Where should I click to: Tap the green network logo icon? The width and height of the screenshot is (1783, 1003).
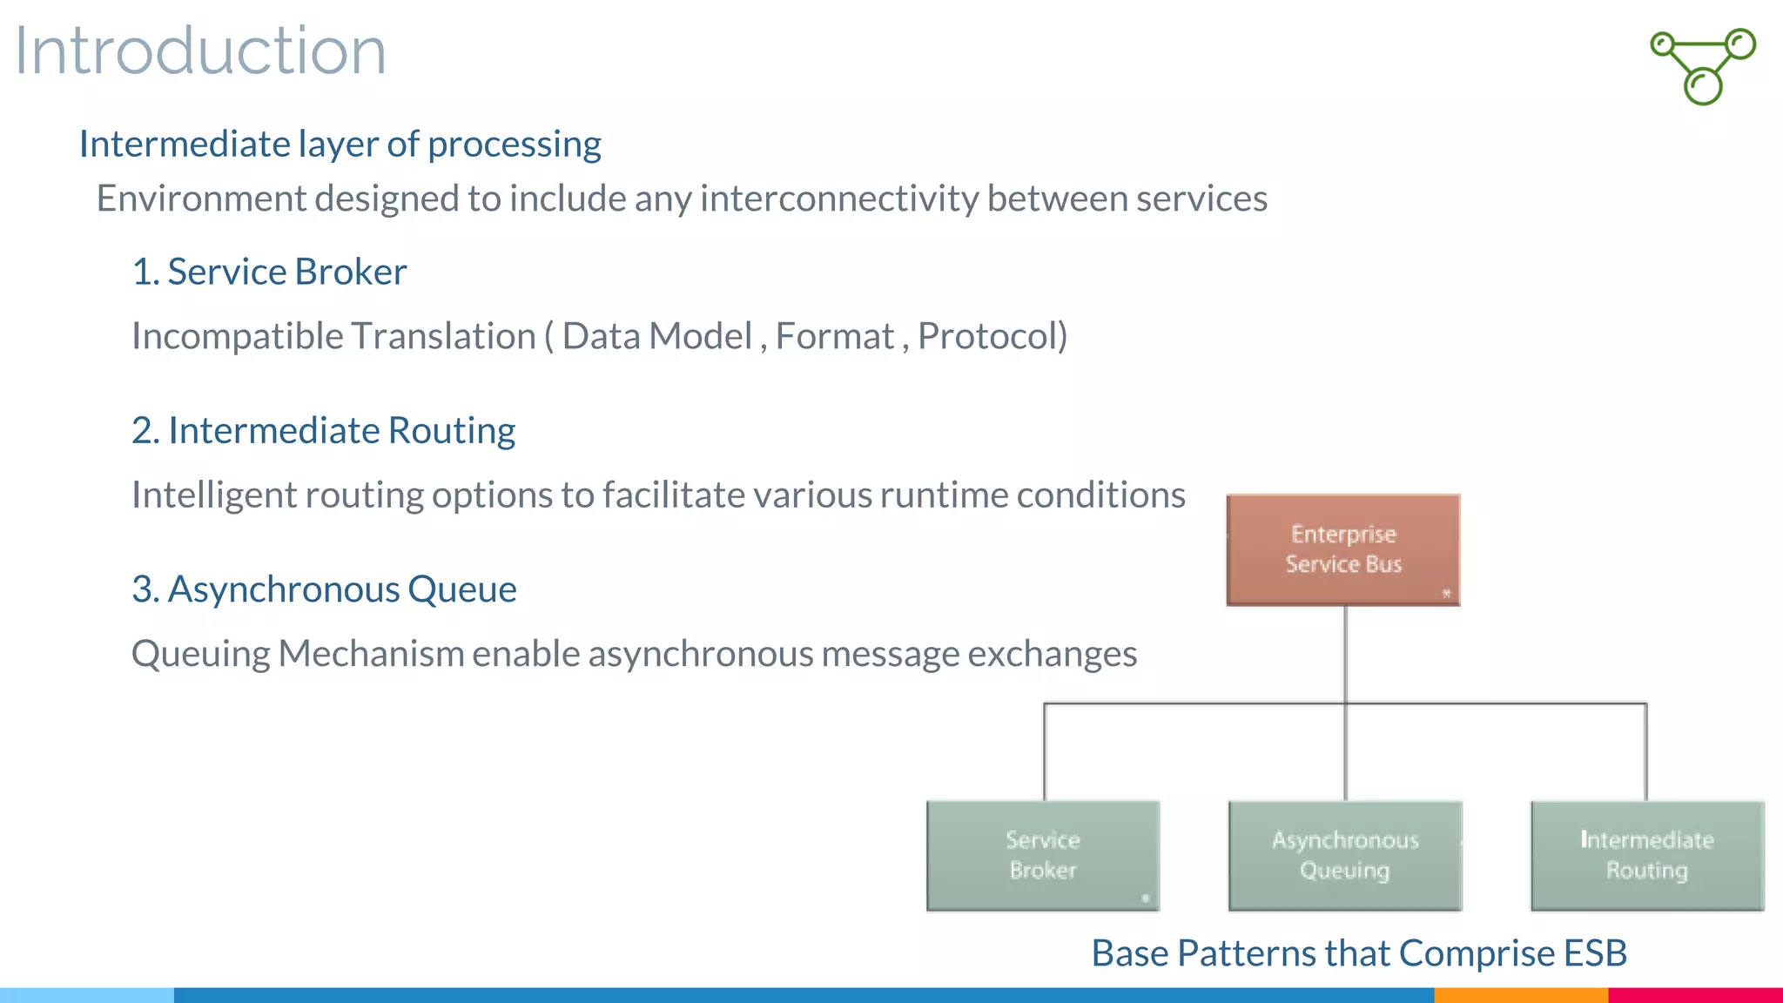[1703, 66]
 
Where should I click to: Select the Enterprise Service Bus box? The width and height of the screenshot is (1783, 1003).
[1342, 549]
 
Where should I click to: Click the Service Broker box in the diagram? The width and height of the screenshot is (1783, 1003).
[1043, 855]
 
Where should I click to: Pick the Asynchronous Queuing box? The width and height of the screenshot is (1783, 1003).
[1344, 855]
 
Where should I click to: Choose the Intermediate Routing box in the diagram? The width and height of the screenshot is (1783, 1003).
[1646, 855]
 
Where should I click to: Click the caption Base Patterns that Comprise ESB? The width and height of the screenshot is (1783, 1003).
[1358, 953]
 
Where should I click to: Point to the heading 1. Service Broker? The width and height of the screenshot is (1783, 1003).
[269, 272]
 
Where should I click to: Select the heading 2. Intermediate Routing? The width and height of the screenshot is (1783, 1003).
[323, 430]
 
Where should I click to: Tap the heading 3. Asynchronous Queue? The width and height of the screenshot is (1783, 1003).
[324, 589]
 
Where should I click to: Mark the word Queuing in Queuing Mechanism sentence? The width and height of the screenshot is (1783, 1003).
[201, 654]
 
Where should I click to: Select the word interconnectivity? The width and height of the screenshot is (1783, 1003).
[839, 199]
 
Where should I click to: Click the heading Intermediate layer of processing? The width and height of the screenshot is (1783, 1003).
[340, 145]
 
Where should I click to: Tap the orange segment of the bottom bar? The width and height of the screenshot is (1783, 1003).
[1520, 994]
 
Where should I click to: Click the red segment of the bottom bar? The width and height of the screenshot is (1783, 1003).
[1694, 994]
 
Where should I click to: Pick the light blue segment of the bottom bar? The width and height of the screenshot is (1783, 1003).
[87, 994]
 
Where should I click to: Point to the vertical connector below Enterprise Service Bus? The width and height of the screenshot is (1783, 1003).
[1345, 653]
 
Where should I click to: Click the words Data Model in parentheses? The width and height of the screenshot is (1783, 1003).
[656, 336]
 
